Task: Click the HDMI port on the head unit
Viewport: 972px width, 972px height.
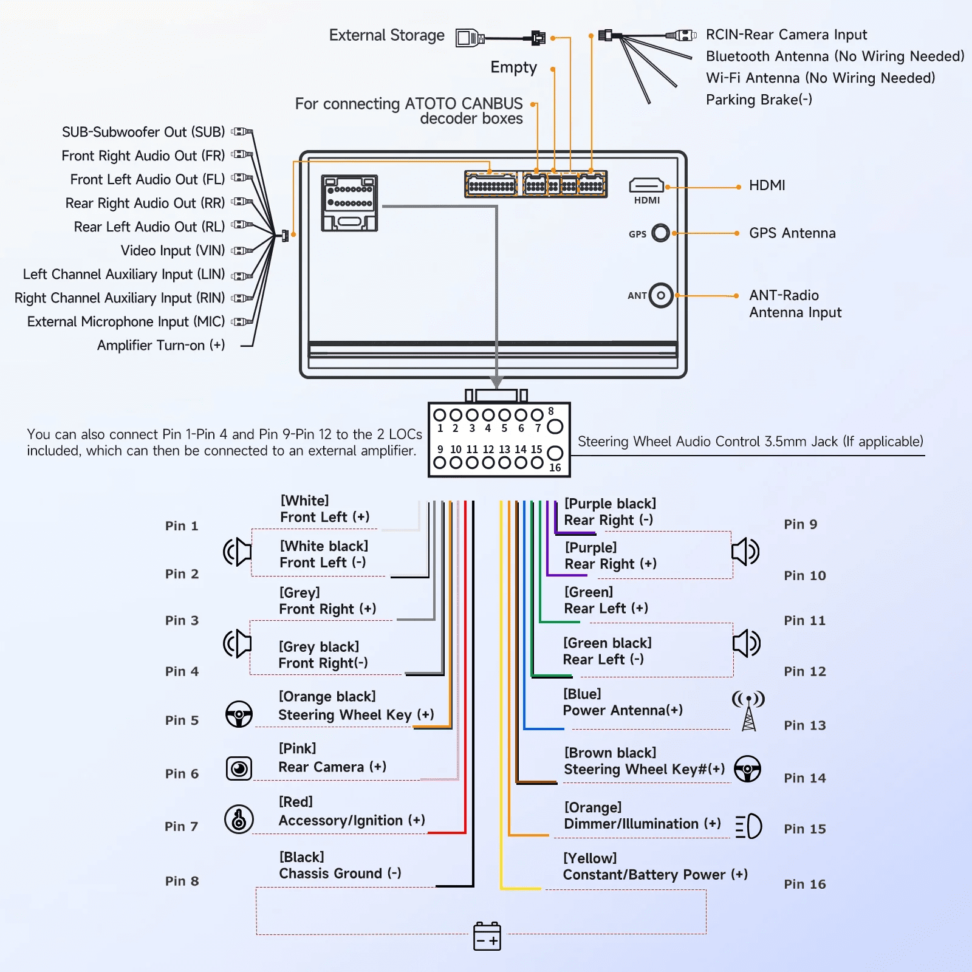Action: point(646,185)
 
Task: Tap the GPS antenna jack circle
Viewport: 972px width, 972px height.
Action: point(660,233)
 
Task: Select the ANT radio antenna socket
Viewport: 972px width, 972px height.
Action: point(661,296)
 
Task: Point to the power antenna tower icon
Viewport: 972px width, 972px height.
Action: point(748,710)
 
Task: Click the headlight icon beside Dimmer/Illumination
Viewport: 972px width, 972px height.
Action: point(748,826)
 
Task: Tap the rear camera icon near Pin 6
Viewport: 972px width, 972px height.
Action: point(239,768)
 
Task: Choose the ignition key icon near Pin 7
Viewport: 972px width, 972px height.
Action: point(239,819)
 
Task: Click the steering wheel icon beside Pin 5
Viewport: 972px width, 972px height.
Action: point(239,714)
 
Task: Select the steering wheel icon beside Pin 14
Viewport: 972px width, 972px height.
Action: point(747,769)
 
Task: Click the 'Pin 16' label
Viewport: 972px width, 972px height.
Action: point(804,885)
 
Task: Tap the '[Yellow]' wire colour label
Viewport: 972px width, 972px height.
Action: point(590,858)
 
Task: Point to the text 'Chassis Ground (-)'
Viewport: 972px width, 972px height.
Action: point(340,874)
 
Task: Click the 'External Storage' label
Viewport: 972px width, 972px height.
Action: point(386,35)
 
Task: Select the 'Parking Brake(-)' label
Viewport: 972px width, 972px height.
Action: point(759,100)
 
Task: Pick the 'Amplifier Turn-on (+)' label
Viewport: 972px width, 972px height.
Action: point(161,346)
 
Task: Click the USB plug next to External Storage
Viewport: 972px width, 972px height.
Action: point(470,38)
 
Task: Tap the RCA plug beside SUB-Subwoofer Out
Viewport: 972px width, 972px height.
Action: point(242,131)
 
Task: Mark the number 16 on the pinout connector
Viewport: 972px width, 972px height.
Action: point(555,468)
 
